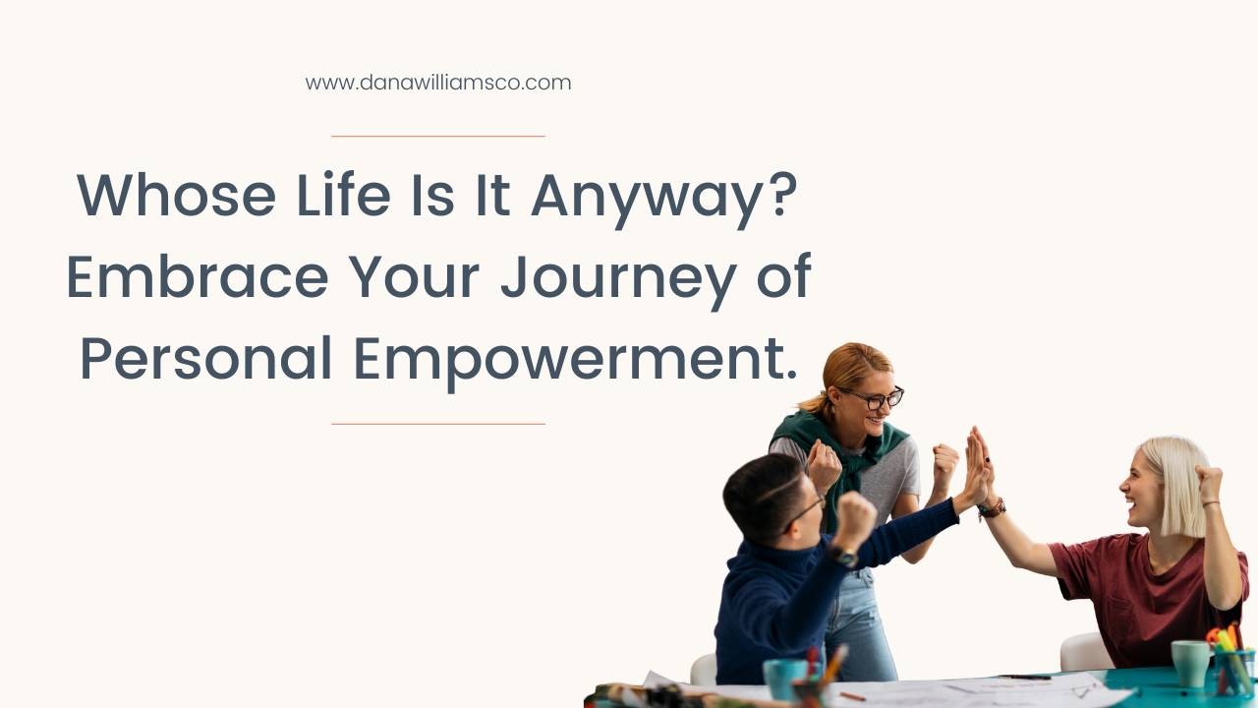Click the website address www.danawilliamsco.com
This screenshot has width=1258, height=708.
[x=437, y=83]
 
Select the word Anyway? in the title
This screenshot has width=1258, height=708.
[x=663, y=197]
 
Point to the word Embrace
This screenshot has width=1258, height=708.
[x=197, y=277]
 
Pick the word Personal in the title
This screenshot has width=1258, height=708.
[x=205, y=360]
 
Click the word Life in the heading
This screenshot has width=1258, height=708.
[x=343, y=195]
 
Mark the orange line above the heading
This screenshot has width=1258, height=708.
[x=437, y=136]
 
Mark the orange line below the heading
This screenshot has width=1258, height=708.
[x=437, y=424]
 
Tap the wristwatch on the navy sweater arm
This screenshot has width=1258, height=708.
[x=843, y=556]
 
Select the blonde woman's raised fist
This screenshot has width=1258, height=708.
[x=1208, y=482]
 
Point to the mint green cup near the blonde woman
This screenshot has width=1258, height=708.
[x=1189, y=663]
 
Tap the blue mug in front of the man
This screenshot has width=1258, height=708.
[x=785, y=678]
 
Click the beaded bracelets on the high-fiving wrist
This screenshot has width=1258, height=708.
[x=992, y=508]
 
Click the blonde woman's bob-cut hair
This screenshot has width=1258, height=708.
[x=1178, y=482]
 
